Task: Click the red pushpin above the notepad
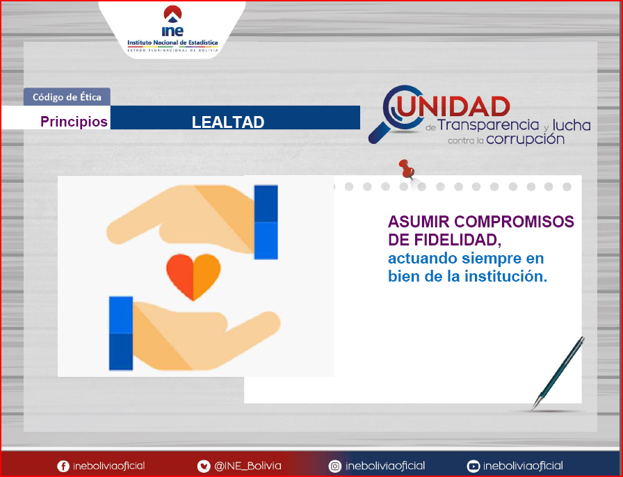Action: pyautogui.click(x=407, y=168)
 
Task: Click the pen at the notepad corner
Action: pyautogui.click(x=558, y=373)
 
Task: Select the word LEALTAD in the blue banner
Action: pyautogui.click(x=228, y=122)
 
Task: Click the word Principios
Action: pyautogui.click(x=74, y=121)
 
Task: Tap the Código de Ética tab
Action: pyautogui.click(x=67, y=97)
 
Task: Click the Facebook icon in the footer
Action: pyautogui.click(x=63, y=466)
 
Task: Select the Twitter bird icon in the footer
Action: pyautogui.click(x=204, y=466)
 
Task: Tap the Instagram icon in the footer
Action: pyautogui.click(x=335, y=466)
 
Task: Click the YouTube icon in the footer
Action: pyautogui.click(x=474, y=466)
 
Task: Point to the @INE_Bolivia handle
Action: pyautogui.click(x=248, y=466)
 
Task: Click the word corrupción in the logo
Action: pyautogui.click(x=525, y=139)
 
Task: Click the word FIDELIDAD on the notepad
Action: pyautogui.click(x=455, y=240)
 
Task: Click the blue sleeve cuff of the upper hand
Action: pyautogui.click(x=266, y=223)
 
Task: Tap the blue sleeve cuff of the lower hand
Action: pyautogui.click(x=121, y=333)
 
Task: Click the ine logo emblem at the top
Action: pyautogui.click(x=173, y=21)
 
